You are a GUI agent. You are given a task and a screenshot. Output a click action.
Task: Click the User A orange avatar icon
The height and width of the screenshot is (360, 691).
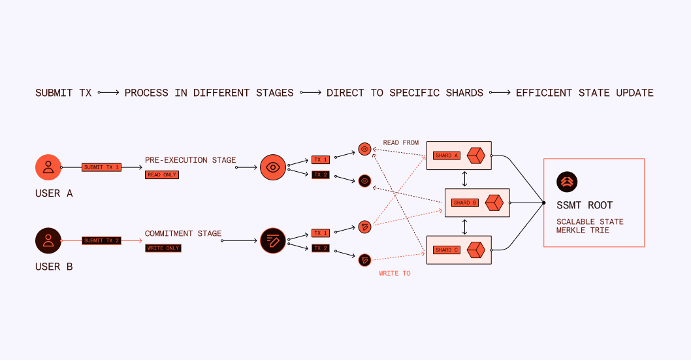pos(48,167)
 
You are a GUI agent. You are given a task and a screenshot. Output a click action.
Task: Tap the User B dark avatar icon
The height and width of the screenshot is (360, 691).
pos(48,240)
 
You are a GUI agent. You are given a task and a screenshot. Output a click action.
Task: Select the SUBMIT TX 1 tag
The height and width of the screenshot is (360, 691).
pos(101,167)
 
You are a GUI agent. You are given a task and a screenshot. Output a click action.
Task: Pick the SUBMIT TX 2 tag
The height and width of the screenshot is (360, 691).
pos(101,240)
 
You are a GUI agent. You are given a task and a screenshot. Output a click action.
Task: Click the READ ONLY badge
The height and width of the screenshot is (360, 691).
pos(162,175)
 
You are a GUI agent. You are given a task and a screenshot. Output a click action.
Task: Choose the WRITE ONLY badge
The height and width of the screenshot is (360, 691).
pos(163,248)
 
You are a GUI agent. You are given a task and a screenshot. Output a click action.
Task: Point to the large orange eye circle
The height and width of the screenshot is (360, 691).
pos(273,167)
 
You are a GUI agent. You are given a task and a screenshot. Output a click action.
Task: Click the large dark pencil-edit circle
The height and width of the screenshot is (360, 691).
pos(273,240)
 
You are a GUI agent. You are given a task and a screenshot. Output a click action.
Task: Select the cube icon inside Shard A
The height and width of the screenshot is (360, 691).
pos(476,155)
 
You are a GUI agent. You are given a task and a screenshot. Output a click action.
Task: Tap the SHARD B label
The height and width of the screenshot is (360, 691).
pos(465,203)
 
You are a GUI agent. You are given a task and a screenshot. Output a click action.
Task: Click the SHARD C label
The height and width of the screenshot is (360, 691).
pos(447,250)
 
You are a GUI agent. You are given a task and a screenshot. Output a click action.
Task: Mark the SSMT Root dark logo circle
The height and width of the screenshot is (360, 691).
pos(567,182)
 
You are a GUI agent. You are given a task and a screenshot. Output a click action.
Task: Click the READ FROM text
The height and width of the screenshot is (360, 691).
pos(400,143)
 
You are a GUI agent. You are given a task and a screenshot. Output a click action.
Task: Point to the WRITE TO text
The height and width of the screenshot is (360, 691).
pos(394,273)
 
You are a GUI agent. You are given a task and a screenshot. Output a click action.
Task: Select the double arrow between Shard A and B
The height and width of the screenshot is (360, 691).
pos(464,179)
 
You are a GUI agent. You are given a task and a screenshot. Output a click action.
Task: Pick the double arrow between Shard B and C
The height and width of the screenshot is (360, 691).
pos(464,227)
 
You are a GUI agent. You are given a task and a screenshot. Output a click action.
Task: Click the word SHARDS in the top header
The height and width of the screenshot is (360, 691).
pos(464,93)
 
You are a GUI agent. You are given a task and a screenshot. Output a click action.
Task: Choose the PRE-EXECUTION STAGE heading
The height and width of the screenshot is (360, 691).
pos(190,160)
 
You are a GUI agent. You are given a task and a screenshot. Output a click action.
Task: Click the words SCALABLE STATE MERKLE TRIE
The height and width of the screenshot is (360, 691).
pos(590,226)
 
